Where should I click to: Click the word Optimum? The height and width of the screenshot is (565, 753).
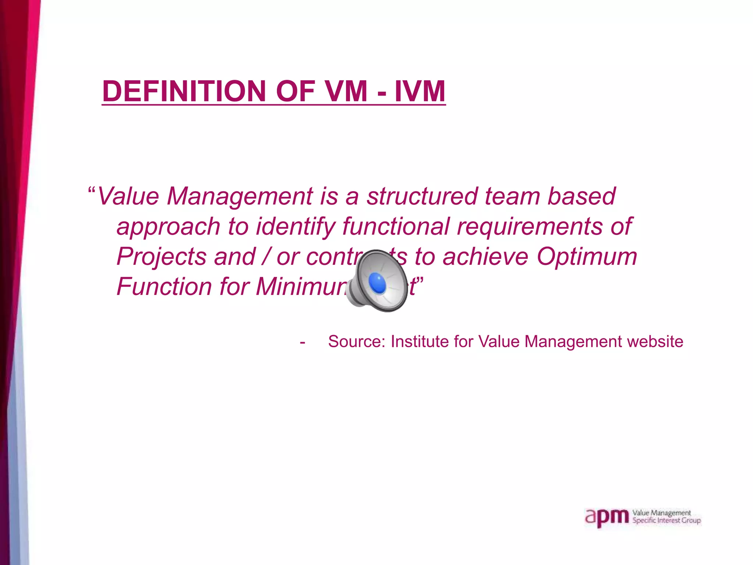click(587, 256)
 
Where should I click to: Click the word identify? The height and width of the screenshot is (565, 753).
click(295, 227)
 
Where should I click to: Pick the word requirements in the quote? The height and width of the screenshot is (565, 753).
click(529, 227)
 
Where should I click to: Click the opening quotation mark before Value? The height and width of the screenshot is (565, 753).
click(92, 191)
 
